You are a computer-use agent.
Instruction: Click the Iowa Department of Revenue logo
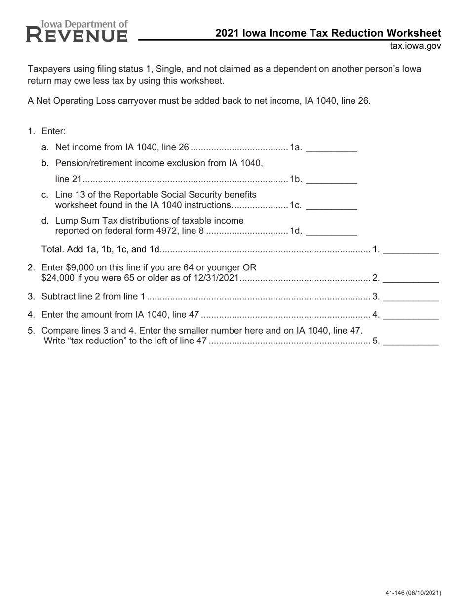point(77,32)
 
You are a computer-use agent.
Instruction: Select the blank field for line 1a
point(332,148)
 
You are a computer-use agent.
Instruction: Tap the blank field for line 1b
point(332,180)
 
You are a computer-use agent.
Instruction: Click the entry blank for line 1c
point(332,206)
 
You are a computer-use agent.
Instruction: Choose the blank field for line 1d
point(332,231)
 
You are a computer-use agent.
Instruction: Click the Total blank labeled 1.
point(411,250)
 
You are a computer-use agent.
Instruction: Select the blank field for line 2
point(411,279)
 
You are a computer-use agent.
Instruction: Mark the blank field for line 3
point(411,297)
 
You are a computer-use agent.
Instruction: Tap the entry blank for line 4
point(411,315)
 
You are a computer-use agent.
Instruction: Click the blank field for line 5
point(411,341)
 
